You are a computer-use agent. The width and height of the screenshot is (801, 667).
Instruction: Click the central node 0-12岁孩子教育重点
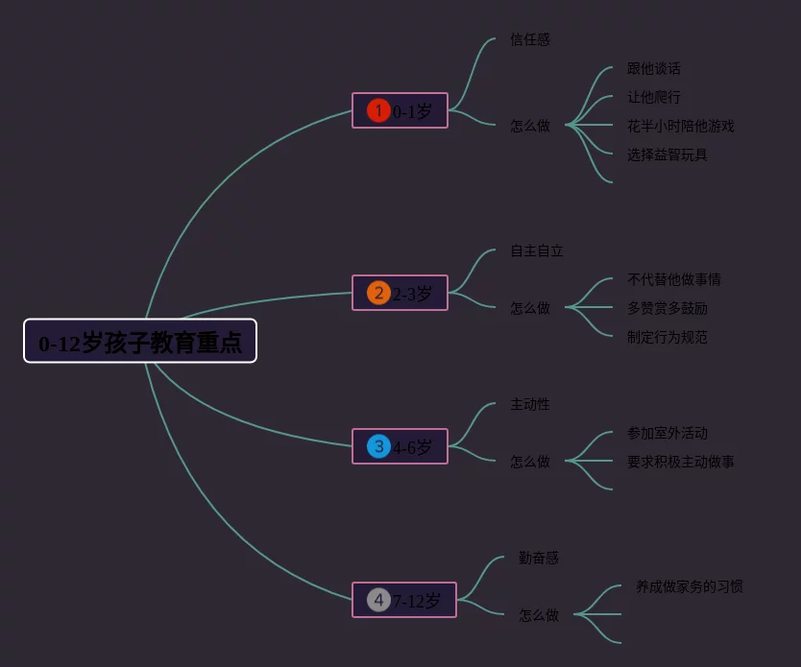(x=140, y=342)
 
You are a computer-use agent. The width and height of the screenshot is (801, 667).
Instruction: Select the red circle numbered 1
(x=378, y=111)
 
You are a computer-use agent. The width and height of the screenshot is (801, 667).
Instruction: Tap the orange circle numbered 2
(x=378, y=294)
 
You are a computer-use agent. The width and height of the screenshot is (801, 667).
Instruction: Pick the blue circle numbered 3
(x=378, y=446)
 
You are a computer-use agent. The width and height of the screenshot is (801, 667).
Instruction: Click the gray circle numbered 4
(x=378, y=601)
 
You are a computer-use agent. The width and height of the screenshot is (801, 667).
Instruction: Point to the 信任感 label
(x=530, y=40)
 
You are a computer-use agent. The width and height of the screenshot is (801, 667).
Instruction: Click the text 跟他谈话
(x=654, y=69)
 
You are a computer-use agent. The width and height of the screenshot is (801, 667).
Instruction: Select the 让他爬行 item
(x=654, y=98)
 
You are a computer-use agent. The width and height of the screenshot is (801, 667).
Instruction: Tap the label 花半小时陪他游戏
(x=681, y=127)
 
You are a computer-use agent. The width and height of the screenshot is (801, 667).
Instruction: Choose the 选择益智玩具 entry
(x=667, y=155)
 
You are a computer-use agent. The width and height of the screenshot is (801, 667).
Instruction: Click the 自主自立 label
(x=537, y=251)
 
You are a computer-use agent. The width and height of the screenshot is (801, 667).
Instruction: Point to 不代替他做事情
(x=674, y=280)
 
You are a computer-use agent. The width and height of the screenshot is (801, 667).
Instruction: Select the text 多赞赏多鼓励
(x=667, y=309)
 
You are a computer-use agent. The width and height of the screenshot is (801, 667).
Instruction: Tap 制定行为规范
(x=667, y=338)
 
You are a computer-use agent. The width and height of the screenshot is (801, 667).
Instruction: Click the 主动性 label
(x=530, y=405)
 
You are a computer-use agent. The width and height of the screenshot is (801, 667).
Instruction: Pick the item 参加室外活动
(x=667, y=434)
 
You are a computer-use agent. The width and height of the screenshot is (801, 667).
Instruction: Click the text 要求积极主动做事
(x=681, y=463)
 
